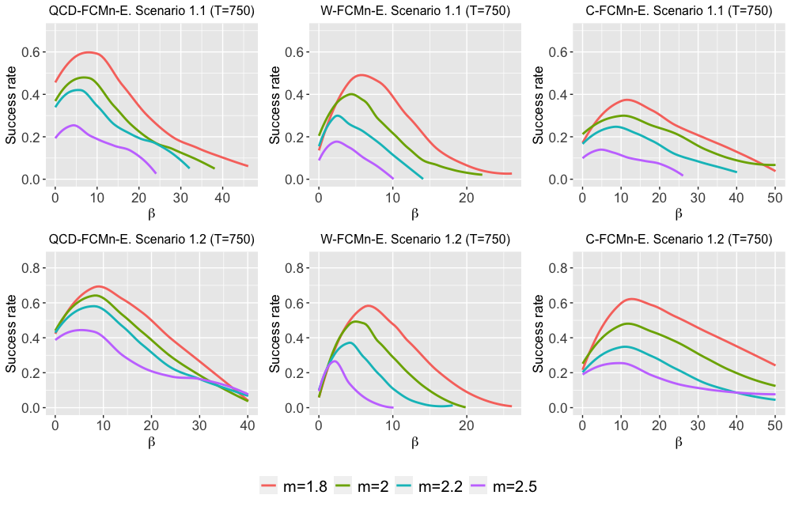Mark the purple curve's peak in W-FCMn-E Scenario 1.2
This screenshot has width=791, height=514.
335,361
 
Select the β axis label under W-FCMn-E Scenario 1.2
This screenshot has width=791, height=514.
414,442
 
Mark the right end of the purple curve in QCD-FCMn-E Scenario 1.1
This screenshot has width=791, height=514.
156,172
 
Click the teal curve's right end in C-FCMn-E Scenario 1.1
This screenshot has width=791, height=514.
736,172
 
